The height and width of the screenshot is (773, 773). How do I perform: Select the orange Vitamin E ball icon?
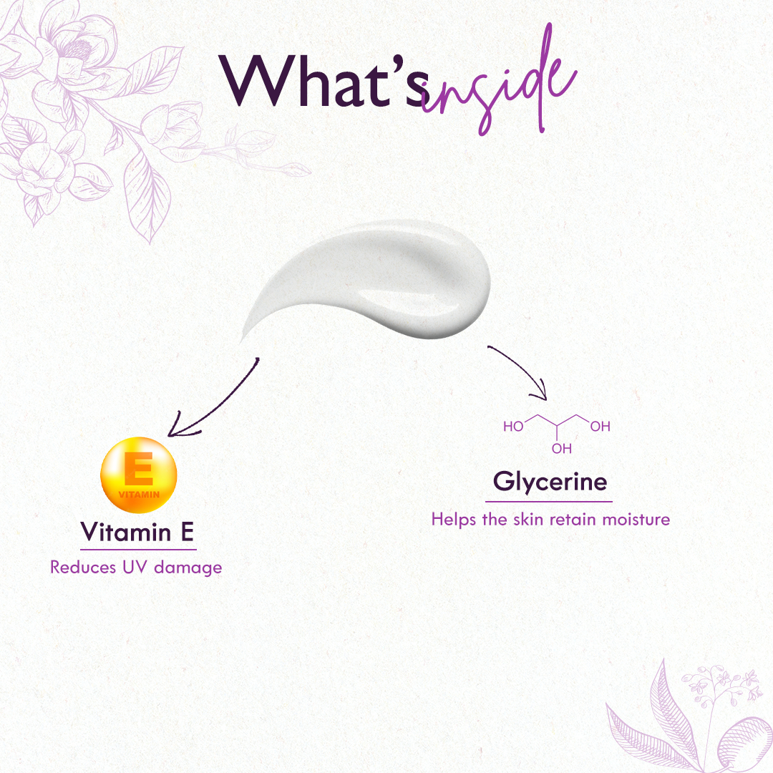coord(139,475)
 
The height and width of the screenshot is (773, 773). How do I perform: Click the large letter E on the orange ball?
coord(139,468)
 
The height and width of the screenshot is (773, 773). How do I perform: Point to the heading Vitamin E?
coord(137,532)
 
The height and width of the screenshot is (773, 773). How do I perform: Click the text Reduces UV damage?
coord(136,568)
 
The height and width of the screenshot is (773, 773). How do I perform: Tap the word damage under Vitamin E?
coord(188,568)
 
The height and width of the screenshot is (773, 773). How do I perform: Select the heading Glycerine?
coord(550,482)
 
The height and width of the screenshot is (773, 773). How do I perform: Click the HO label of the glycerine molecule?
coord(513,427)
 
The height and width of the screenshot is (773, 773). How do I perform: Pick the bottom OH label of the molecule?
coord(562,449)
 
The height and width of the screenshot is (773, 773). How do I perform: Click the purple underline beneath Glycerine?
coord(549,502)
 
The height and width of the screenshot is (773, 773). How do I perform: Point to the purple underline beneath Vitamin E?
coord(138,549)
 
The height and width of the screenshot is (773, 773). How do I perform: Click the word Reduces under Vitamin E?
coord(83,568)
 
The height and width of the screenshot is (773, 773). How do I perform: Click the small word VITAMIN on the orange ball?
coord(139,495)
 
